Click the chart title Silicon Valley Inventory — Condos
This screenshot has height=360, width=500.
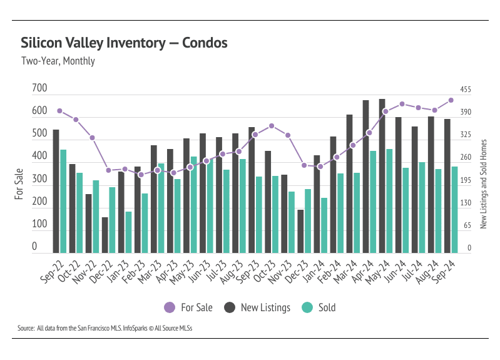click(x=124, y=43)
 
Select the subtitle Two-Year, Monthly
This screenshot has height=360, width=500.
click(x=58, y=61)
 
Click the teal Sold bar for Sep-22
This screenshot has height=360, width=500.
click(x=63, y=201)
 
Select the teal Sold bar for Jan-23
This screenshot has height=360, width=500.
click(x=128, y=232)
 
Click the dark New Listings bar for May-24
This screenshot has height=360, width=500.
click(x=382, y=175)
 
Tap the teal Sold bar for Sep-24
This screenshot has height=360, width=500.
click(x=454, y=209)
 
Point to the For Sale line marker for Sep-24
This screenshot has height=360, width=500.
click(x=451, y=100)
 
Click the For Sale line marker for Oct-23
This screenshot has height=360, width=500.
click(x=271, y=126)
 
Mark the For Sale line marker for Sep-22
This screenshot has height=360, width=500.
click(x=59, y=111)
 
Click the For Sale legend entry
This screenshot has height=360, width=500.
click(x=188, y=307)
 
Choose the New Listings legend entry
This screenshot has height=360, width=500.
click(x=257, y=307)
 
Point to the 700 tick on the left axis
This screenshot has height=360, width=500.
click(x=39, y=89)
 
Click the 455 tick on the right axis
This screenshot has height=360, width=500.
click(x=466, y=90)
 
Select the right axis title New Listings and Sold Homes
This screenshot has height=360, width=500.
click(x=483, y=183)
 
